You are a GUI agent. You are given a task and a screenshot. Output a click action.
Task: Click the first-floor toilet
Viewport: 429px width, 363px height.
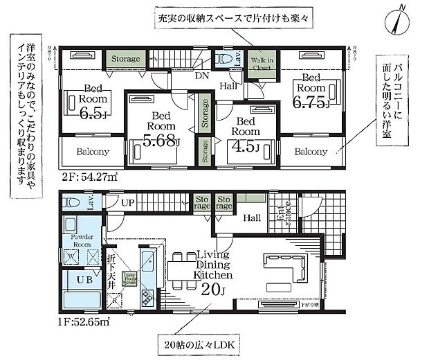[72, 203]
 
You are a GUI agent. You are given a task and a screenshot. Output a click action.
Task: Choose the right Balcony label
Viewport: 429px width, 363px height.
[310, 152]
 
